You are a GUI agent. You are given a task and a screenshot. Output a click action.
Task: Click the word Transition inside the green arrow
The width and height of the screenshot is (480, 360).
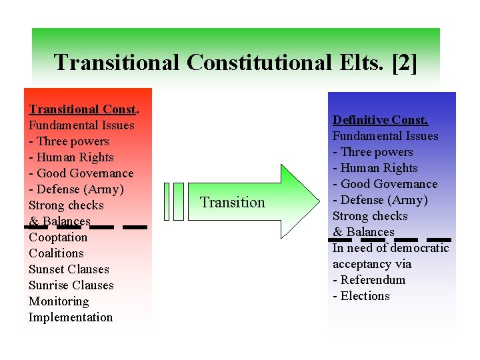(x=233, y=203)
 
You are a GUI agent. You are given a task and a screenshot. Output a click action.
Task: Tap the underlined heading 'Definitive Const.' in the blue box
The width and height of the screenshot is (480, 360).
(x=380, y=120)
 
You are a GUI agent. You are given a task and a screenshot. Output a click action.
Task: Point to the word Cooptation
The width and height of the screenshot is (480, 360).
(x=58, y=237)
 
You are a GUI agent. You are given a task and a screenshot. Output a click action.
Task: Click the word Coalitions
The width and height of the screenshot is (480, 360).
(x=56, y=253)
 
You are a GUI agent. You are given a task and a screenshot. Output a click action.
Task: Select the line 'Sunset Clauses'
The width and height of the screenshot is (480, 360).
(x=69, y=269)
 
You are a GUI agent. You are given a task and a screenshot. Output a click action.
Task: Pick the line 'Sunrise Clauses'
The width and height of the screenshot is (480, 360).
(x=71, y=285)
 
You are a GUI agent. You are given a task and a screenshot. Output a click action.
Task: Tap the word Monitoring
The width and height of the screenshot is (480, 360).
(x=59, y=301)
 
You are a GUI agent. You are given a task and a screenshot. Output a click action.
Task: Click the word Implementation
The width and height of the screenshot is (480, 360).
(x=71, y=317)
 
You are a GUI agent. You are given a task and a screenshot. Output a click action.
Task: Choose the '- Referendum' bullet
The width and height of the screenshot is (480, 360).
(x=369, y=280)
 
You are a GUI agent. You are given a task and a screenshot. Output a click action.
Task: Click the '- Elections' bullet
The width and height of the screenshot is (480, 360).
(x=361, y=296)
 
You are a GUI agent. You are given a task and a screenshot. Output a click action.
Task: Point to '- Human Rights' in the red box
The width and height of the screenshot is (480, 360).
(x=71, y=157)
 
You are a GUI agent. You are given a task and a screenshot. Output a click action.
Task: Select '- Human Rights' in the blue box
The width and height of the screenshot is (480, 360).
(x=375, y=168)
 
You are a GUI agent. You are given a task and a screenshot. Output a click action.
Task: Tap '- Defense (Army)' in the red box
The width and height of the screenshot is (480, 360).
(x=77, y=189)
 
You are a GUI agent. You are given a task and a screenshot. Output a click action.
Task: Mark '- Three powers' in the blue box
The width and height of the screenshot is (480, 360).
(x=373, y=152)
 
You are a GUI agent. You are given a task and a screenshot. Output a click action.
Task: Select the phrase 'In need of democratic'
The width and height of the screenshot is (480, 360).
(x=391, y=248)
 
